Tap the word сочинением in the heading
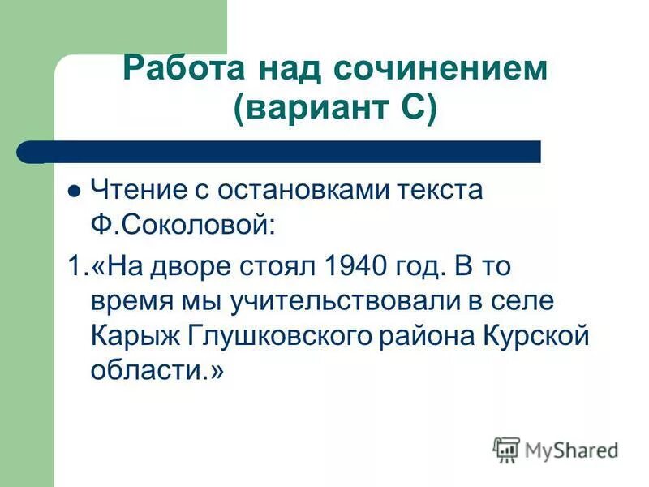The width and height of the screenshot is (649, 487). point(438,68)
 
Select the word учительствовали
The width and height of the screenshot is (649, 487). point(351,300)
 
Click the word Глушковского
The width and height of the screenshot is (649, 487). point(279,335)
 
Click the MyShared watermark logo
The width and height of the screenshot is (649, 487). point(556,449)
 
